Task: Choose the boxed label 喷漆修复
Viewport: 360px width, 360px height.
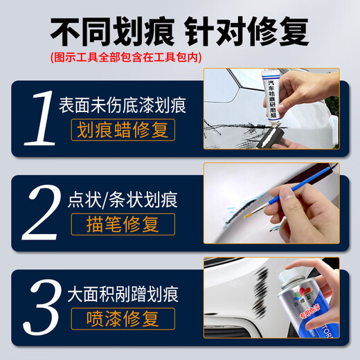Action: [x=123, y=318]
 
